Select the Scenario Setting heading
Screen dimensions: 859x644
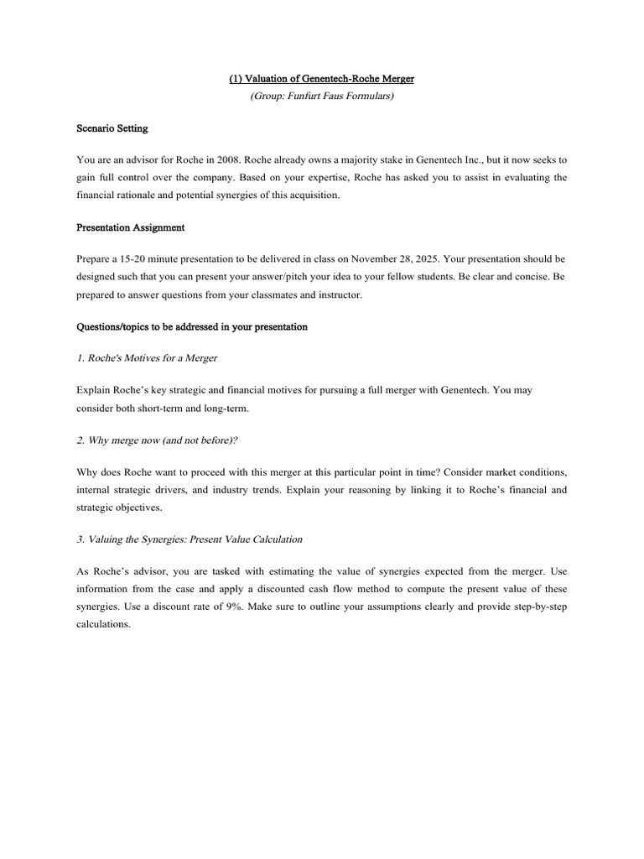[112, 129]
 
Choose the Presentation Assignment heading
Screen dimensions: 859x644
[131, 227]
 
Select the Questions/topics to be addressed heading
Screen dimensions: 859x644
[192, 326]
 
